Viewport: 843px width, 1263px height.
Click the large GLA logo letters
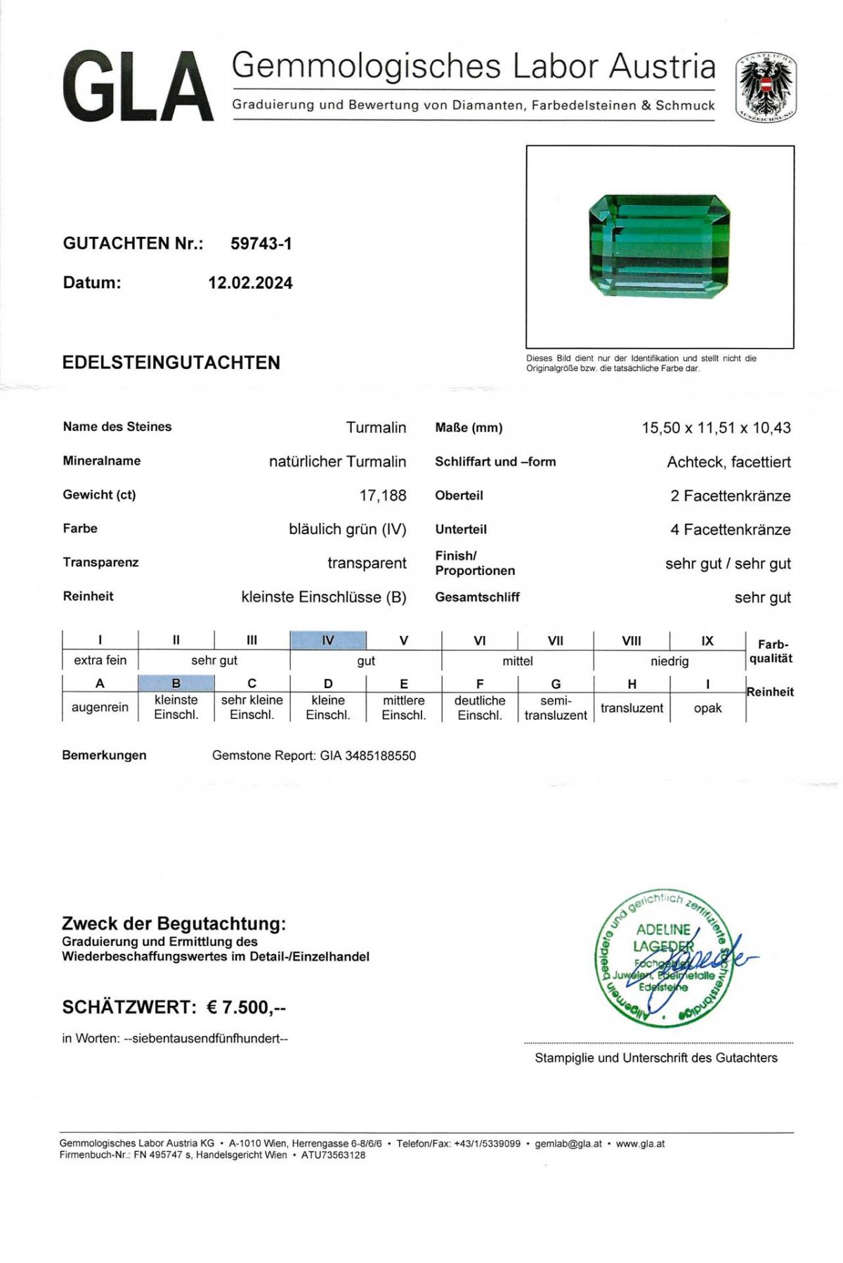point(138,87)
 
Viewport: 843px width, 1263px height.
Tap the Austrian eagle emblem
point(766,88)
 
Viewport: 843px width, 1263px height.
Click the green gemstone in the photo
point(659,247)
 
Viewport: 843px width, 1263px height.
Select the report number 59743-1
point(261,244)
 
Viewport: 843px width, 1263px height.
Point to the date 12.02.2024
point(250,283)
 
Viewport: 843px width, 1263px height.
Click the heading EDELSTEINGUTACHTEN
point(171,363)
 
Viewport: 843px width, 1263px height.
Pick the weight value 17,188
point(383,496)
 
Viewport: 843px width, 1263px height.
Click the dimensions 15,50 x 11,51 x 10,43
point(716,428)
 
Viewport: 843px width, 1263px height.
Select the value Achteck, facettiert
point(728,462)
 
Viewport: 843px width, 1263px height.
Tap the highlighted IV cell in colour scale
point(328,640)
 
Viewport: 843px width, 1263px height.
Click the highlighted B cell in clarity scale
point(176,683)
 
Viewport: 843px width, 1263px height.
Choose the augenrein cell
point(100,708)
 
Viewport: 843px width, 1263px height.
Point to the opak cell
point(707,708)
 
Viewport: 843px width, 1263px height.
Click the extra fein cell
point(100,661)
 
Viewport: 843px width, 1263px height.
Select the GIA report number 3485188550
point(380,756)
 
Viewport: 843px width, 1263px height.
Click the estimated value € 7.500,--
point(247,1008)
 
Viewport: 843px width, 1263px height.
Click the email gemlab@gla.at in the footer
point(568,1144)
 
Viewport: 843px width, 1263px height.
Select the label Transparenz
point(100,562)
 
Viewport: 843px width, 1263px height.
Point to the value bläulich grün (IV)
point(347,529)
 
